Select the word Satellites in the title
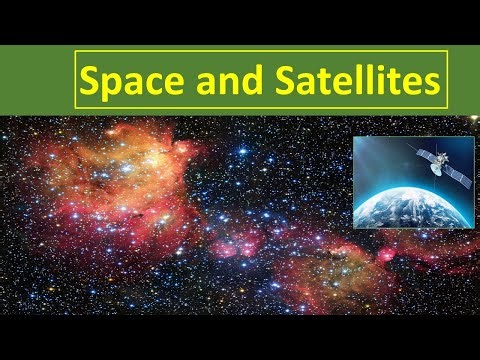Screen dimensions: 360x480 [357, 79]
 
